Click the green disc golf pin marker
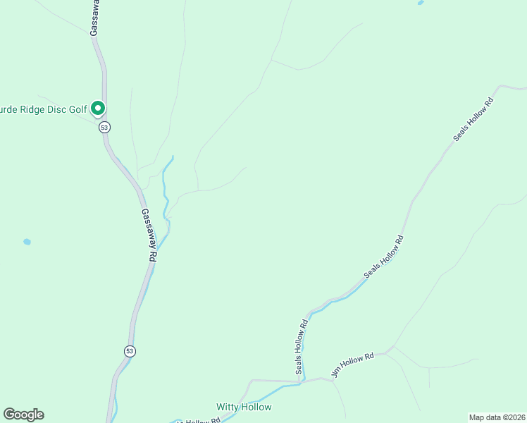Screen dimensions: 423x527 (99, 108)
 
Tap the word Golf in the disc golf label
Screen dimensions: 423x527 (77, 109)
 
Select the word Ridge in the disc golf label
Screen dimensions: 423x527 (33, 109)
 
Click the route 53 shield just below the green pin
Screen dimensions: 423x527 (104, 127)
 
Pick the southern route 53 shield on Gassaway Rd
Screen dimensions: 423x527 (129, 350)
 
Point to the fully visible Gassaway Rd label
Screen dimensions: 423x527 (148, 235)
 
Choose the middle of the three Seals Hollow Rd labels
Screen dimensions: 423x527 (385, 257)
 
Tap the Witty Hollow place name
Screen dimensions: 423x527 (243, 407)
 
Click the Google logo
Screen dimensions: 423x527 (23, 415)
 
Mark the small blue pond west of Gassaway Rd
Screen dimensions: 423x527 (27, 242)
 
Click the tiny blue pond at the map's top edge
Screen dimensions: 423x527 (421, 3)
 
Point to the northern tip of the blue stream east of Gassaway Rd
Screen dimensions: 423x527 (173, 157)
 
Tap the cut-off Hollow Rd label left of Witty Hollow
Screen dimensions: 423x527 (200, 420)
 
